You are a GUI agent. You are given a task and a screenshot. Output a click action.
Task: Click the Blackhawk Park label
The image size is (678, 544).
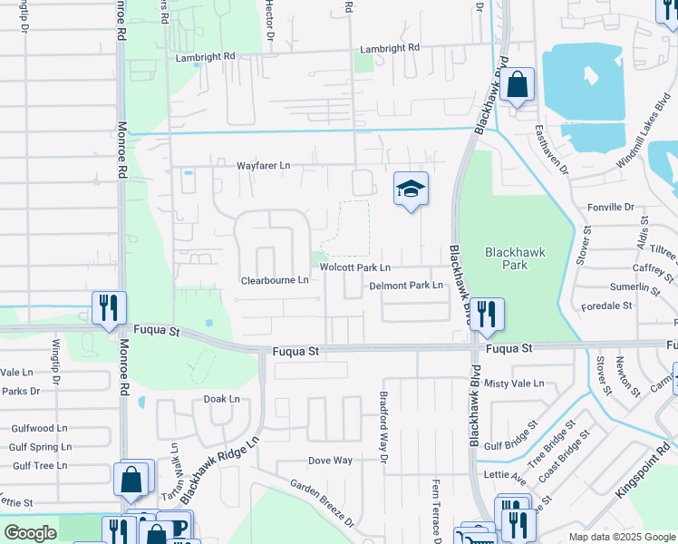[514, 259]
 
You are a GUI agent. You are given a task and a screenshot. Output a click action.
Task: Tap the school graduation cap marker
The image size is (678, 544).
[411, 189]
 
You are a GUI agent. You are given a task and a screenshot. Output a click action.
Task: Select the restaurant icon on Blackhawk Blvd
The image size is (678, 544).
[487, 314]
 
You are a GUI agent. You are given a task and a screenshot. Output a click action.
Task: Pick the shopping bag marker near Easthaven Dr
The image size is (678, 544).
[517, 86]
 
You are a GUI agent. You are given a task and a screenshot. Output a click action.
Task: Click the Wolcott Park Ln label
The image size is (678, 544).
[354, 267]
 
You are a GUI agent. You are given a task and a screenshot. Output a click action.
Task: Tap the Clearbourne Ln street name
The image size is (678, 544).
[275, 281]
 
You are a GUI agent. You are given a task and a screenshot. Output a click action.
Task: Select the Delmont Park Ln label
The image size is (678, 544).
[405, 286]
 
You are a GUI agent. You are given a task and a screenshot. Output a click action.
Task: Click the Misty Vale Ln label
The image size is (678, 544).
[514, 384]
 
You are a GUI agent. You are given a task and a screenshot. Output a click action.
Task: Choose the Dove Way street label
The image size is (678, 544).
[330, 461]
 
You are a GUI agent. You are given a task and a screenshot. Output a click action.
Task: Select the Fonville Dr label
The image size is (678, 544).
[610, 207]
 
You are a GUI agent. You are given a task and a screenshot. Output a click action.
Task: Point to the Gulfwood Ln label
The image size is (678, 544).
[39, 428]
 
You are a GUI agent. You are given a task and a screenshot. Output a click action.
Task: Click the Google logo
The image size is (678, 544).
[30, 533]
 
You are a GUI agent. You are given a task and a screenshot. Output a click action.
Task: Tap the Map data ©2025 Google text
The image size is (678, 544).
[622, 537]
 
